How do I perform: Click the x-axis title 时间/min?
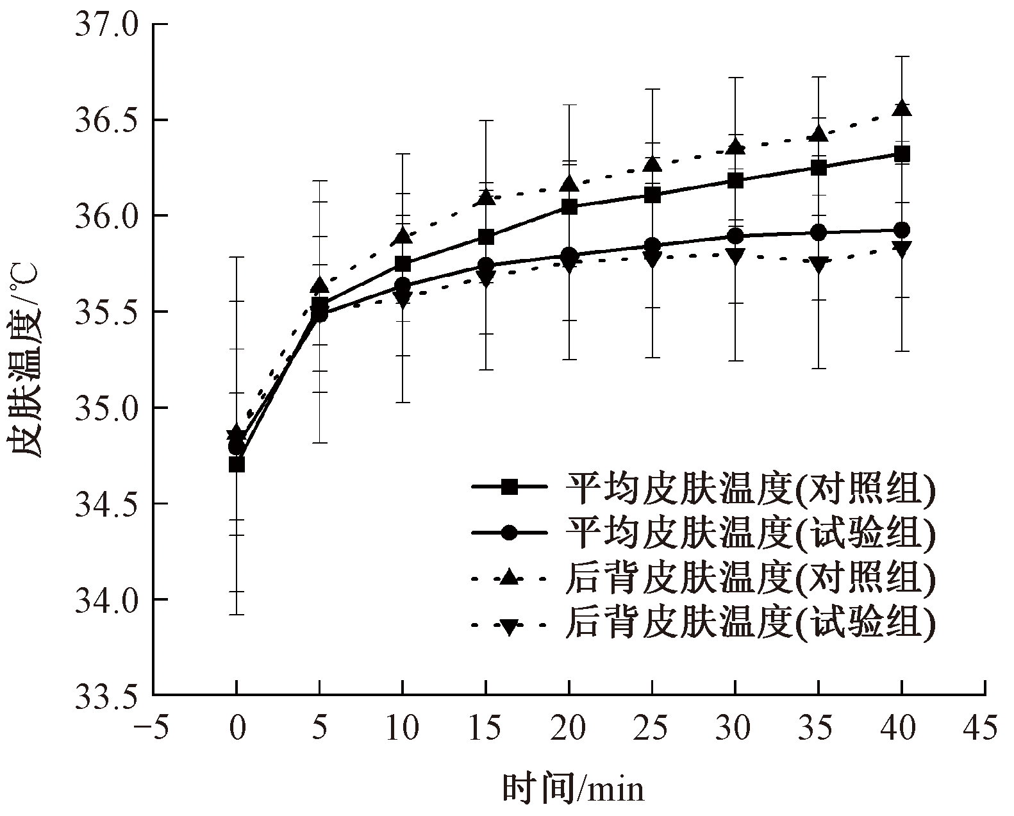click(572, 788)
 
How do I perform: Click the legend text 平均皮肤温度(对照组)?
click(750, 490)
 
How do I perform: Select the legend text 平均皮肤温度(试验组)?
click(750, 533)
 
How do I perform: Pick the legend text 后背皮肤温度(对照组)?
click(750, 578)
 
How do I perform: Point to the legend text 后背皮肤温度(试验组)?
click(750, 622)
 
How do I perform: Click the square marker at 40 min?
click(902, 154)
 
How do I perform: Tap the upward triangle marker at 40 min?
click(902, 108)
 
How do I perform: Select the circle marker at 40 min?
click(902, 230)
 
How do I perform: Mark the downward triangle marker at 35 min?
click(819, 263)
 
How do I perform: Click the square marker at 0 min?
click(237, 464)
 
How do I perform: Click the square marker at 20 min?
click(569, 206)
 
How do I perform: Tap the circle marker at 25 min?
click(652, 245)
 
